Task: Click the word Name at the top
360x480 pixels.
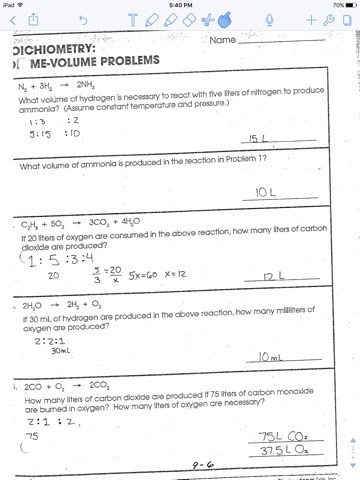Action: coord(225,40)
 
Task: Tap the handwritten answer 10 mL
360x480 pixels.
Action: coord(268,355)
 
